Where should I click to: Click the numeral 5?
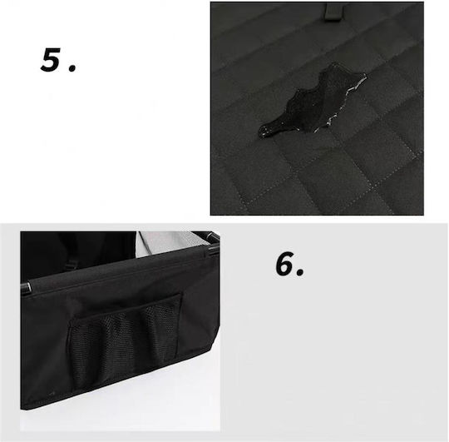[x=51, y=60]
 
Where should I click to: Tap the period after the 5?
[x=72, y=68]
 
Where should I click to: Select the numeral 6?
[x=285, y=264]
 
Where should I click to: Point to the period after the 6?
[x=300, y=273]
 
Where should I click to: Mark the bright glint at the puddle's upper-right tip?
[x=363, y=76]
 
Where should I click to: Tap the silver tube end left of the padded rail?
[x=25, y=288]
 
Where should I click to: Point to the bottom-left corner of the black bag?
[x=22, y=408]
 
